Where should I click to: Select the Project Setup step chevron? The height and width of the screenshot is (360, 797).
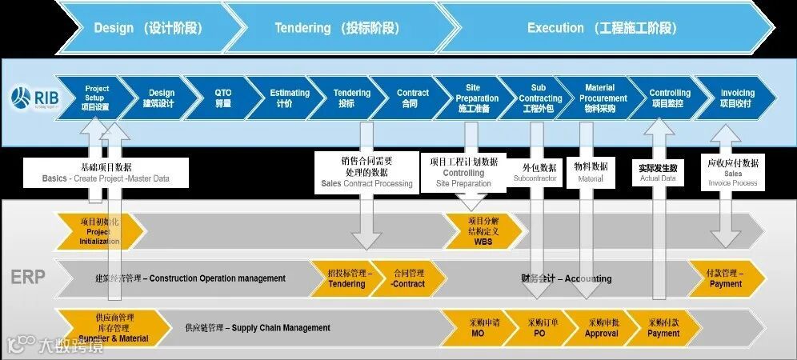(x=97, y=98)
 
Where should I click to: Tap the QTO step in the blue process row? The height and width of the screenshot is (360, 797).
(x=222, y=98)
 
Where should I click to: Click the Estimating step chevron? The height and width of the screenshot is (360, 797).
(x=289, y=98)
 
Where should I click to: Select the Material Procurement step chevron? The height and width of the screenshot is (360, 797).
(x=599, y=98)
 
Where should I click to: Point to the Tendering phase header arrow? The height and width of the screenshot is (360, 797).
(x=336, y=27)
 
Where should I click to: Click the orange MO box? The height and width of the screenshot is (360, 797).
(x=478, y=328)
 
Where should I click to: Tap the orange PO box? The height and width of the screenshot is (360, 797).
(x=539, y=328)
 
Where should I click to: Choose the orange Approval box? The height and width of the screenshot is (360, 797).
(x=601, y=328)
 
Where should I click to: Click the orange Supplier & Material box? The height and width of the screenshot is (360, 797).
(x=106, y=328)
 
